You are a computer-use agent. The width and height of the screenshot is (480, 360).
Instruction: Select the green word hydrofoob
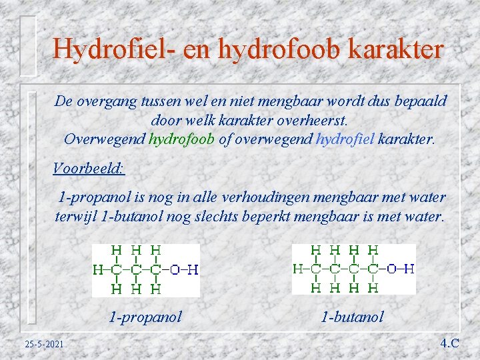(x=181, y=140)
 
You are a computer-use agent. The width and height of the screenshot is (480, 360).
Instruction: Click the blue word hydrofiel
(x=345, y=140)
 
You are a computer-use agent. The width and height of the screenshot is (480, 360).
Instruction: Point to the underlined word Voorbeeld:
(x=89, y=168)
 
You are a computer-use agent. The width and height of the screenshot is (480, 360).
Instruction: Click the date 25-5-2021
(x=44, y=344)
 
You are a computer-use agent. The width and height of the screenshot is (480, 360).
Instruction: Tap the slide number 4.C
(x=449, y=343)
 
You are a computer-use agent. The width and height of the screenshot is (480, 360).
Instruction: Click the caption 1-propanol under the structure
(x=145, y=317)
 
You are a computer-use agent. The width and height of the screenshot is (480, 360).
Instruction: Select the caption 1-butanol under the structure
(x=352, y=317)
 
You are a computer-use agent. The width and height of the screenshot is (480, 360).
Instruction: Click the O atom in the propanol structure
(x=175, y=270)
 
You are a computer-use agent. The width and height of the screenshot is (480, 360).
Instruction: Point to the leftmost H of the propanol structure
(x=98, y=270)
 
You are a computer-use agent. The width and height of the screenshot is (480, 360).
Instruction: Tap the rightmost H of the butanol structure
(x=409, y=269)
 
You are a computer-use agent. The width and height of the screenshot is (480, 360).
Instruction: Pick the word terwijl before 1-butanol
(x=74, y=217)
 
